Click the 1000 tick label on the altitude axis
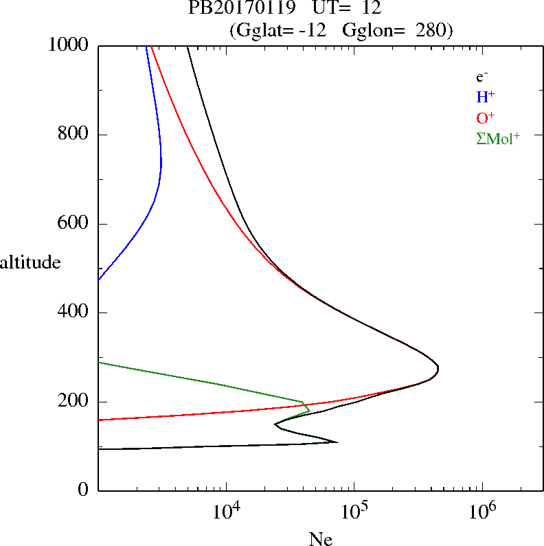[69, 45]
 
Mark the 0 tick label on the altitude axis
[84, 490]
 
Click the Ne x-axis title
[321, 539]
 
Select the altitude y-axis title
[30, 262]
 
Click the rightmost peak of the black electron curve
[438, 369]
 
